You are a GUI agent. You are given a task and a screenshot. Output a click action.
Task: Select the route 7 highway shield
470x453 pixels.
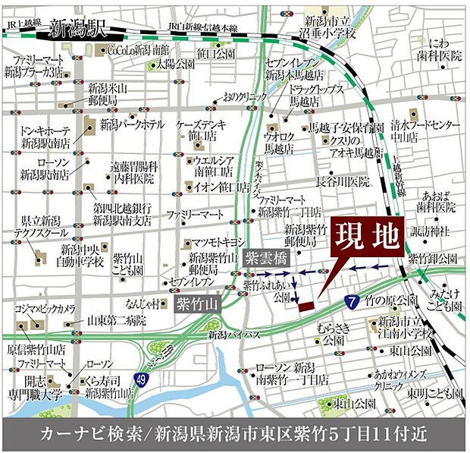coord(351,303)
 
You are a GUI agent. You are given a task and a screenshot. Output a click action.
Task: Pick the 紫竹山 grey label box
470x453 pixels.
coord(196,305)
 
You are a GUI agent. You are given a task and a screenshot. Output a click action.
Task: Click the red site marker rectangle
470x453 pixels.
coord(305,306)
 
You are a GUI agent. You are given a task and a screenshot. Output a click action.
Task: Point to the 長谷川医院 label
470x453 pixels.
coord(343,182)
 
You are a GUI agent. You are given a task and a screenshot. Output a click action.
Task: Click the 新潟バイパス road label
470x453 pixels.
coord(234,335)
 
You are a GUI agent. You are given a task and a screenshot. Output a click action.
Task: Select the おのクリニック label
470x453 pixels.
coord(243,96)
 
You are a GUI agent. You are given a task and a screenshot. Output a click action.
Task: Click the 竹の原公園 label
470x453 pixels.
coord(391,300)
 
